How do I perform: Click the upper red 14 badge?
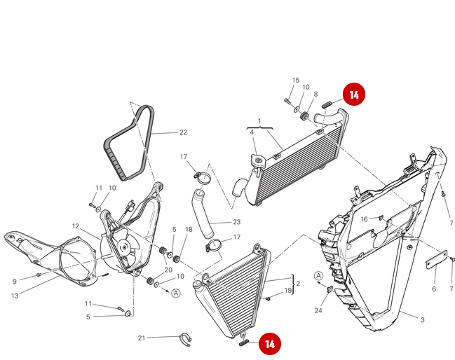coord(354,95)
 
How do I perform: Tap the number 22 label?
coord(183,132)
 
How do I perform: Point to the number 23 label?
coord(236,222)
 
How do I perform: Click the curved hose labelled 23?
coord(201,214)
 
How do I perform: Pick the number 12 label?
coord(75,226)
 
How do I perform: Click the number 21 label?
coord(142,338)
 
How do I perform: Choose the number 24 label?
coord(318,310)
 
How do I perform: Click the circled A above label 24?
coord(318,276)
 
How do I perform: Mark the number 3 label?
coord(423,319)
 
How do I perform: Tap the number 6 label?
coord(434,289)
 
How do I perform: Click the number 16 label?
coord(365,219)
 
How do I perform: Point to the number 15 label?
coord(295,81)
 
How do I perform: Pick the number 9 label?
coord(15,282)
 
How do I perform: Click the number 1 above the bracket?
coord(259,121)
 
